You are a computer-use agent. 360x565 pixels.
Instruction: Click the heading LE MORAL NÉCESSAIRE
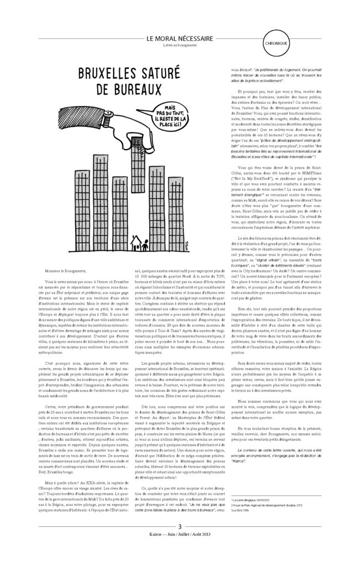[180, 38]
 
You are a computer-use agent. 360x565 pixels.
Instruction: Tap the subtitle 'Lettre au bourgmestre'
[180, 45]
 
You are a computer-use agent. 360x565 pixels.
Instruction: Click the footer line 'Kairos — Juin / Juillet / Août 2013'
[179, 552]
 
